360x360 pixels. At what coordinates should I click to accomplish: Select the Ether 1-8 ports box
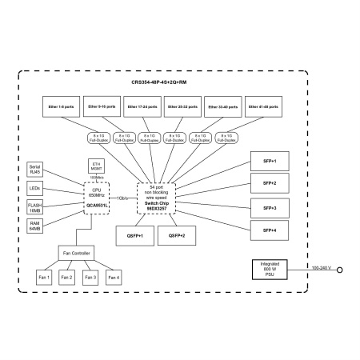(62, 107)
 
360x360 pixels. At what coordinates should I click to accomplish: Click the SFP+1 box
(269, 161)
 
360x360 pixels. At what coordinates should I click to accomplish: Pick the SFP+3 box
(269, 207)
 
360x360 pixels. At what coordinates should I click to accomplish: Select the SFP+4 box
(269, 230)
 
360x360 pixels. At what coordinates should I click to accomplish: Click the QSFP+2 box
(178, 236)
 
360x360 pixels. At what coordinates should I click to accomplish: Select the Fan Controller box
(77, 253)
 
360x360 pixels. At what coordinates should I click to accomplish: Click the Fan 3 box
(90, 278)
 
